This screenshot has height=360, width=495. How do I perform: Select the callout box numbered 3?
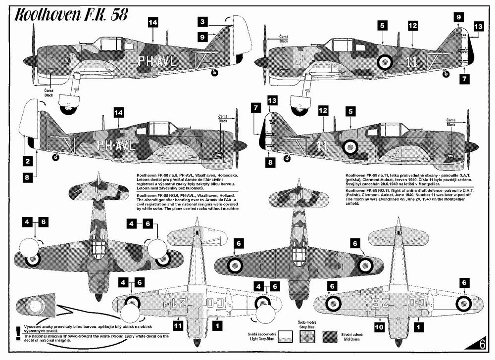(203, 22)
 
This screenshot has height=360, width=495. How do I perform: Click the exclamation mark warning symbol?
(19, 330)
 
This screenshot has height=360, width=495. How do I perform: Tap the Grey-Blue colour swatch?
(307, 337)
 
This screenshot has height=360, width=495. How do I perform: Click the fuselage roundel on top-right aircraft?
(384, 62)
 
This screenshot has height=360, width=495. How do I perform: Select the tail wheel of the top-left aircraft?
(214, 73)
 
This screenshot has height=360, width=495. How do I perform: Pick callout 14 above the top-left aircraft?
(153, 22)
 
